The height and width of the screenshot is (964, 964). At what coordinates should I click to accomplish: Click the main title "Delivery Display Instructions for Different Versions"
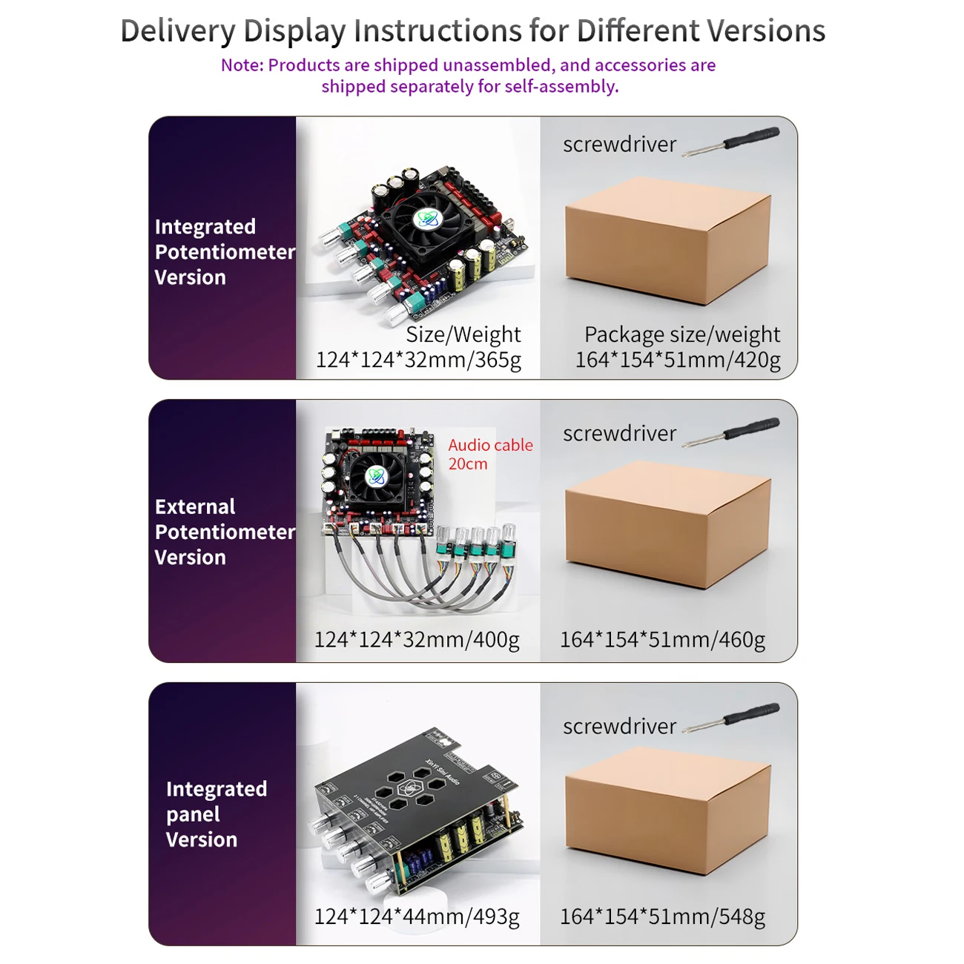472,31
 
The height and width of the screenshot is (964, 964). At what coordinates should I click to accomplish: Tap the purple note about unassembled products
469,76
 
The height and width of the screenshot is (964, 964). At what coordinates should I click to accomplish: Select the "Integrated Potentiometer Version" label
224,252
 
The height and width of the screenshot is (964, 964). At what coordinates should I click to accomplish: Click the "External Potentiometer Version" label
224,532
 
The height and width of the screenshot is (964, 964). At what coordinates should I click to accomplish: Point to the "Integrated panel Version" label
216,814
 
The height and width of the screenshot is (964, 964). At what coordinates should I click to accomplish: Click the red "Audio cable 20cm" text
489,454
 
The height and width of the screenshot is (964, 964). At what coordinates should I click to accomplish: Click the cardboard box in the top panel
667,241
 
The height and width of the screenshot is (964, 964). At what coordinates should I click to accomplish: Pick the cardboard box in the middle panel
667,524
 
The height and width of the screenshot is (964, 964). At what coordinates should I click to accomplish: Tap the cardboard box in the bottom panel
667,811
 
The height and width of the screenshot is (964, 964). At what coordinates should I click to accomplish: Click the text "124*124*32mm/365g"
418,360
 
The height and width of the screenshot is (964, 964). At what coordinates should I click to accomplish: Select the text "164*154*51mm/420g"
678,360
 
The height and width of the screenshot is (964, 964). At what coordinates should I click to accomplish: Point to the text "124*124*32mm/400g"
417,639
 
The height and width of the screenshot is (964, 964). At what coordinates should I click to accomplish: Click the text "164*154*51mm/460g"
662,639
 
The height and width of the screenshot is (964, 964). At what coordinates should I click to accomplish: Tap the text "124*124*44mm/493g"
417,917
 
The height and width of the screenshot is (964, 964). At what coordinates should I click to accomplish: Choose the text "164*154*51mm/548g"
662,917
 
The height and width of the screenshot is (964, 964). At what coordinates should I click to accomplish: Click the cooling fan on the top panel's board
426,219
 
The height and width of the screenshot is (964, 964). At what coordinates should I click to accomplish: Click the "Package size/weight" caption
681,334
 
